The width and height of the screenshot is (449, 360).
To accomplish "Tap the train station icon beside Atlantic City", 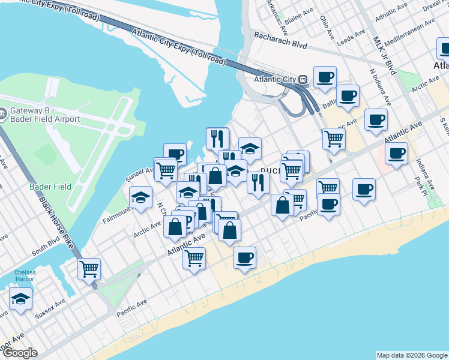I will click(x=303, y=79).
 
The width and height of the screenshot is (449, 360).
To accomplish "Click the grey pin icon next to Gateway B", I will click(x=3, y=112).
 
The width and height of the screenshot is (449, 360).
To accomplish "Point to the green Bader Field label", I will click(x=50, y=187).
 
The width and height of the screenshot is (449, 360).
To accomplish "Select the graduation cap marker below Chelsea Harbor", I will click(x=21, y=299).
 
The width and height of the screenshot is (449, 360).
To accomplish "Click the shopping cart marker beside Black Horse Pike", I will click(x=89, y=269).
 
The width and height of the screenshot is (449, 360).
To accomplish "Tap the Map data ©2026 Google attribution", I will click(x=411, y=355).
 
